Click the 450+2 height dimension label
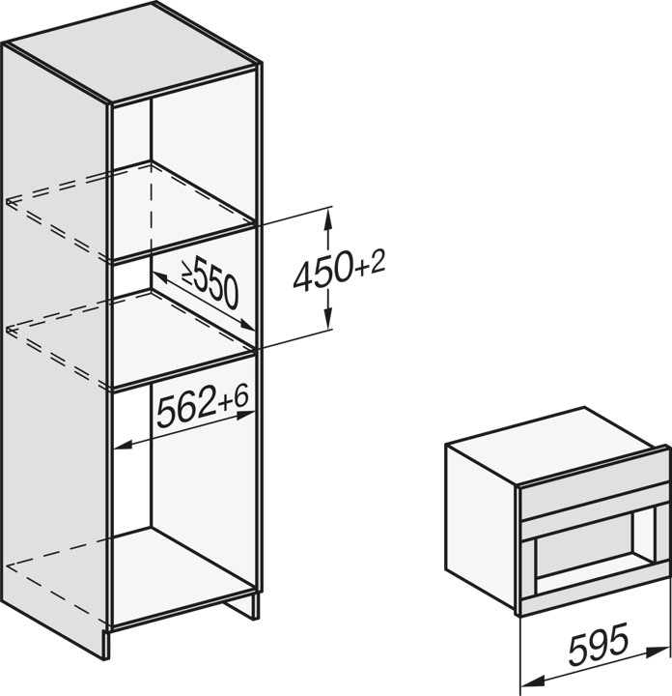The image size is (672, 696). coord(339,270)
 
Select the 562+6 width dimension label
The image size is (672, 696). coord(203,407)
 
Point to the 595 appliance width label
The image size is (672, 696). coord(599,643)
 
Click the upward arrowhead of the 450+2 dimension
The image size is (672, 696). coord(328,218)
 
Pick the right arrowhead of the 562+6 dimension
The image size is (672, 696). coord(245,415)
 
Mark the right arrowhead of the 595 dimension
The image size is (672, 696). coord(659,651)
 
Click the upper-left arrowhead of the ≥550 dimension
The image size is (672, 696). coord(159,278)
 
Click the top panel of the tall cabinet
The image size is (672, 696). coord(132,52)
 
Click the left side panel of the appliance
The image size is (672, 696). coord(481,528)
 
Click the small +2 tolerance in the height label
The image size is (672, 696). coord(372,263)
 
